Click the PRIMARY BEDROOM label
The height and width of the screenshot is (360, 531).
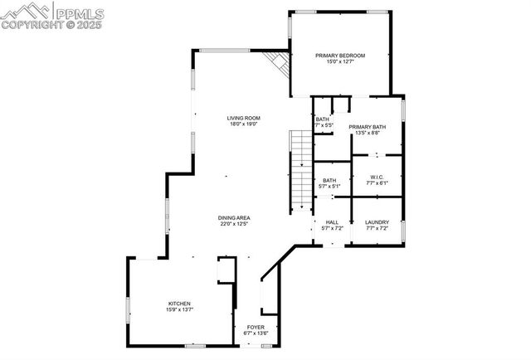(339, 56)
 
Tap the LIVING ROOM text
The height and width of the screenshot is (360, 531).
(244, 119)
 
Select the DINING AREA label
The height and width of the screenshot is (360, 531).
(235, 217)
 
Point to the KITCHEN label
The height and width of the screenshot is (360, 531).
(180, 304)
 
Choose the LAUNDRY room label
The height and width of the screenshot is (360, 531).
(377, 221)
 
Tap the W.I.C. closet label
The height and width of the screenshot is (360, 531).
(377, 178)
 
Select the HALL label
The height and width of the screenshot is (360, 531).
(332, 221)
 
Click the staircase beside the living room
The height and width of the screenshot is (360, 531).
(300, 170)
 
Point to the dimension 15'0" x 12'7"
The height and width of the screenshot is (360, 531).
(339, 62)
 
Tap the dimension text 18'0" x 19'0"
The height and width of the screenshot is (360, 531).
(244, 125)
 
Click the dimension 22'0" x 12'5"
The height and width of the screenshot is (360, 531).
(235, 224)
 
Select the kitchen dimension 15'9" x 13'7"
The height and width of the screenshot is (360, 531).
(180, 310)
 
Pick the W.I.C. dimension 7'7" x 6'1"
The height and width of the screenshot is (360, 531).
(377, 184)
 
